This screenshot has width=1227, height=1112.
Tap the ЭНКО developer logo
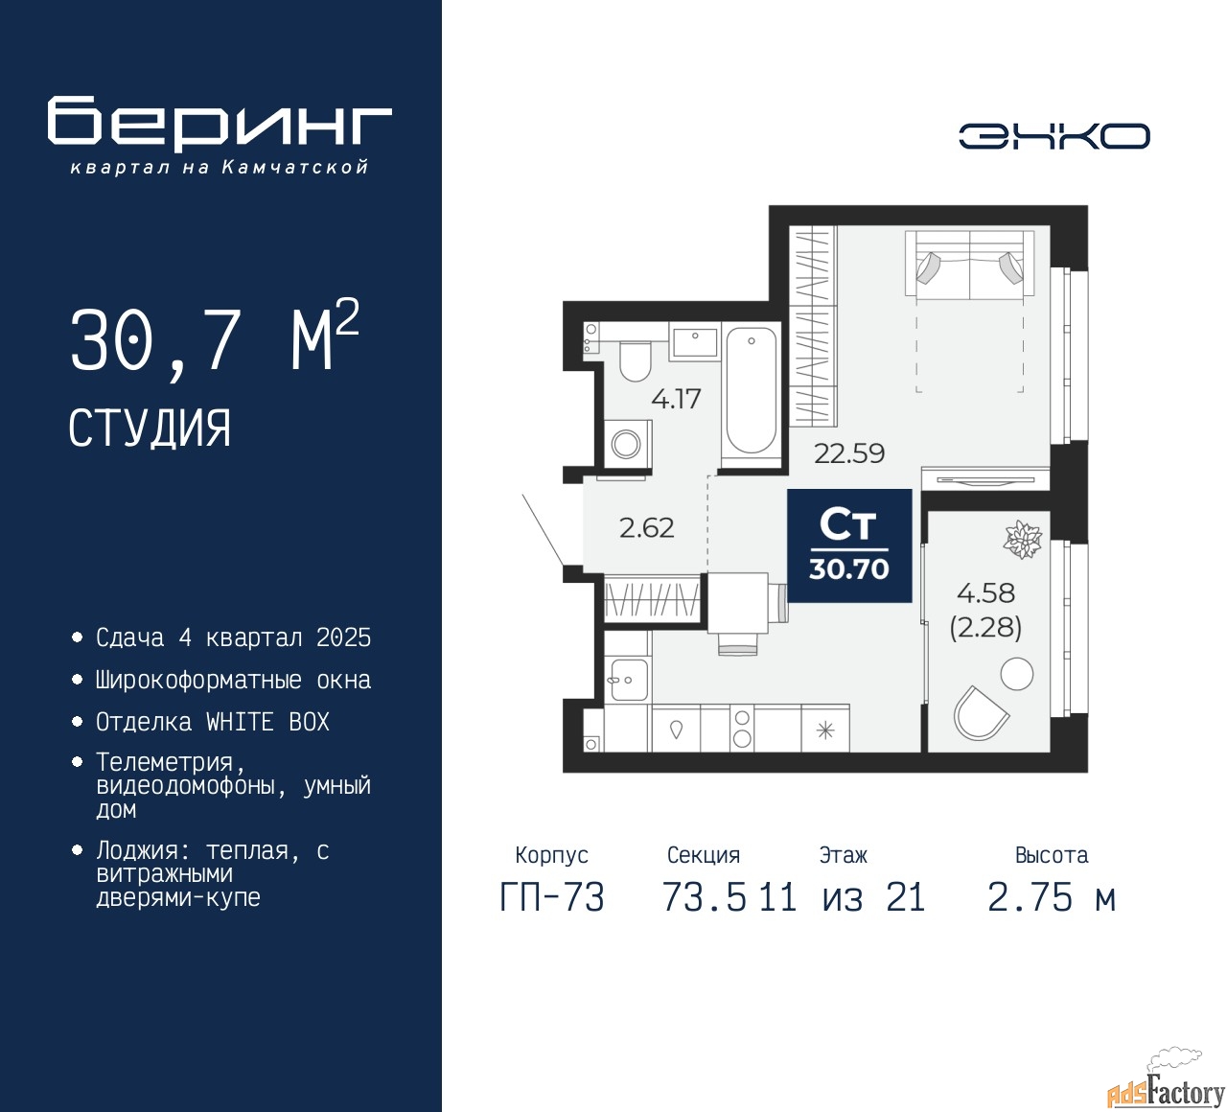(x=1053, y=136)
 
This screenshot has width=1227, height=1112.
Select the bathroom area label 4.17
(x=675, y=399)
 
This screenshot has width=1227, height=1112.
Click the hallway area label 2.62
(x=646, y=527)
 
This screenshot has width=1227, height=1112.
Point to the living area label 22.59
(x=849, y=453)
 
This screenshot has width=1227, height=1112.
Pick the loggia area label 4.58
(x=985, y=592)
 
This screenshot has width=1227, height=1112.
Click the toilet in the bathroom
(x=635, y=360)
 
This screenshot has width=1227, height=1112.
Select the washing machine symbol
(x=626, y=444)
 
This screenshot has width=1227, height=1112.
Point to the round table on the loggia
(x=1016, y=673)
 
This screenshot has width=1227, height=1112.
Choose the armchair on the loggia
(x=980, y=712)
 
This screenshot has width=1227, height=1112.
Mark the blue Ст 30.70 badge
(x=849, y=545)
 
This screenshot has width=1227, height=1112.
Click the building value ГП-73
(x=552, y=897)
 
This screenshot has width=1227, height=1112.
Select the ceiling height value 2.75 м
(x=1052, y=897)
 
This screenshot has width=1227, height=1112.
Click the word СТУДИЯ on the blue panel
(x=150, y=429)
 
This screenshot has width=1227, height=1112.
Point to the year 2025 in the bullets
(x=344, y=638)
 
